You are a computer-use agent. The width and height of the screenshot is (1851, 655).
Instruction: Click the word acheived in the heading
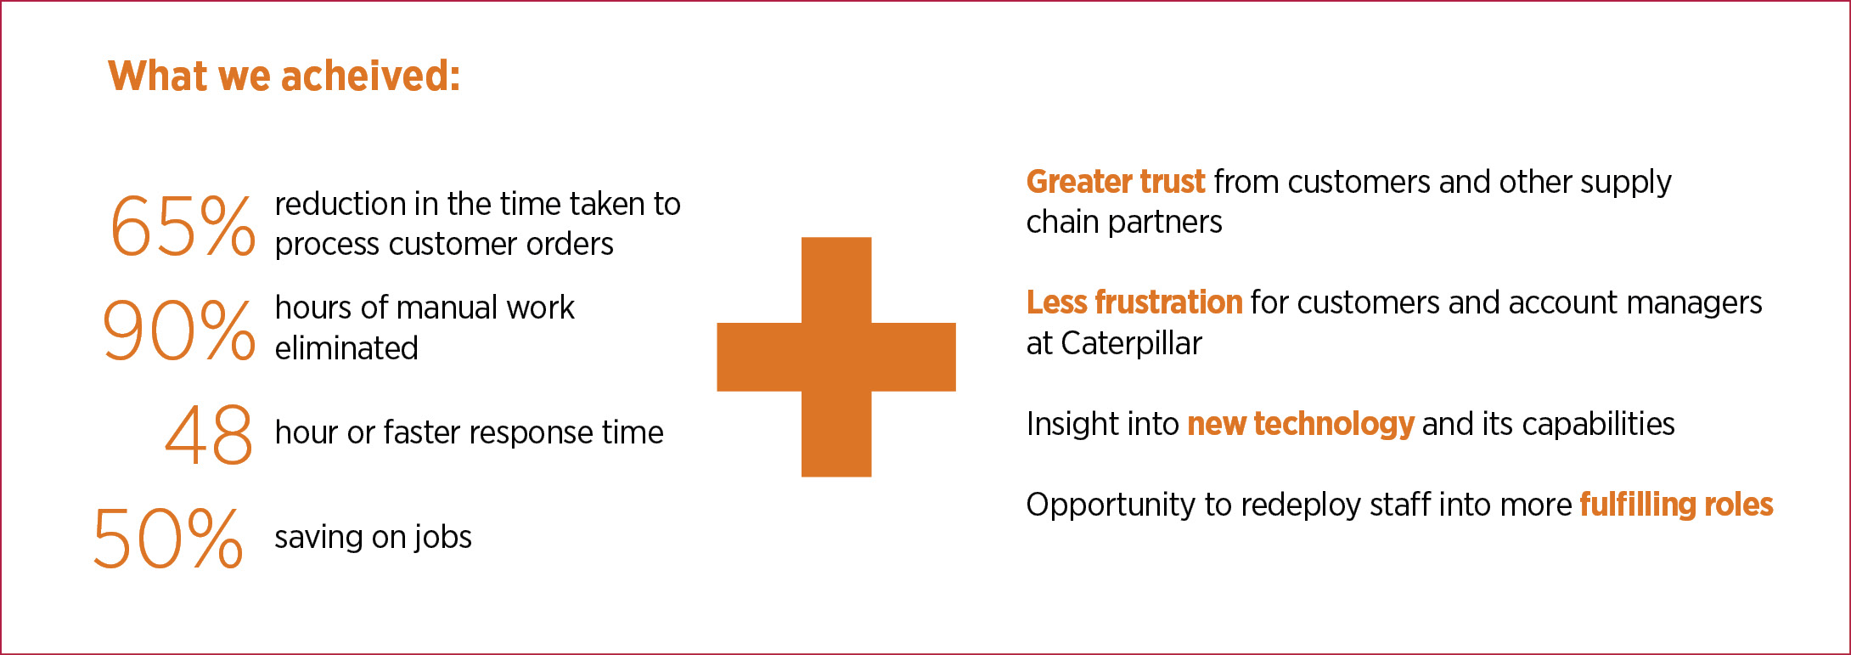[370, 76]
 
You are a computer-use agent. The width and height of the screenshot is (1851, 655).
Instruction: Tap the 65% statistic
[183, 226]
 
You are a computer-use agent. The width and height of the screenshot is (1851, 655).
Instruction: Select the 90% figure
[178, 330]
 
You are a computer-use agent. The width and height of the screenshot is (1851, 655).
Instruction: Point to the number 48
[209, 434]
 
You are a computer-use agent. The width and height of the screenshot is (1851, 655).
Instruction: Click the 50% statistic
[168, 538]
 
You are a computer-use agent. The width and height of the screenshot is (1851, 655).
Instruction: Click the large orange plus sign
[836, 357]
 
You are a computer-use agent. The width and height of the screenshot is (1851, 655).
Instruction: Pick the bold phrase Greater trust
[1116, 182]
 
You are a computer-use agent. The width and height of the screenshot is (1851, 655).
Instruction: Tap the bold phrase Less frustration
[1134, 302]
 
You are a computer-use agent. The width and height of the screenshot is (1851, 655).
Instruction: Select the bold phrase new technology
[1301, 424]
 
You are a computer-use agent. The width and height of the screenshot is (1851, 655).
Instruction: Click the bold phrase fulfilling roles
[1676, 505]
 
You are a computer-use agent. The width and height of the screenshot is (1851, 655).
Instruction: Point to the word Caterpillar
[1132, 343]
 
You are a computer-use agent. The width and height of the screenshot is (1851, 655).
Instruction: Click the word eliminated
[346, 348]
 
